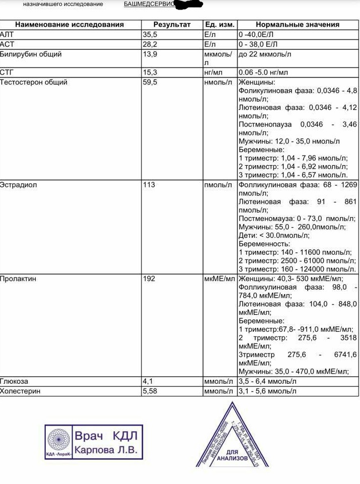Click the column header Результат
pyautogui.click(x=172, y=24)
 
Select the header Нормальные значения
pyautogui.click(x=298, y=24)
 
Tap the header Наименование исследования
pyautogui.click(x=69, y=24)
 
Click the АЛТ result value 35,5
pyautogui.click(x=151, y=34)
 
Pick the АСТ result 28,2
pyautogui.click(x=151, y=44)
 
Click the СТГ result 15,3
pyautogui.click(x=151, y=73)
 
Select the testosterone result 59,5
pyautogui.click(x=151, y=82)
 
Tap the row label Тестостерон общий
pyautogui.click(x=34, y=82)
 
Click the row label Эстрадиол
pyautogui.click(x=19, y=185)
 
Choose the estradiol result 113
pyautogui.click(x=150, y=185)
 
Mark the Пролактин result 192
pyautogui.click(x=150, y=279)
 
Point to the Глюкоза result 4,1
pyautogui.click(x=148, y=382)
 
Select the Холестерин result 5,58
pyautogui.click(x=151, y=391)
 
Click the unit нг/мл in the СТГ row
pyautogui.click(x=214, y=73)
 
